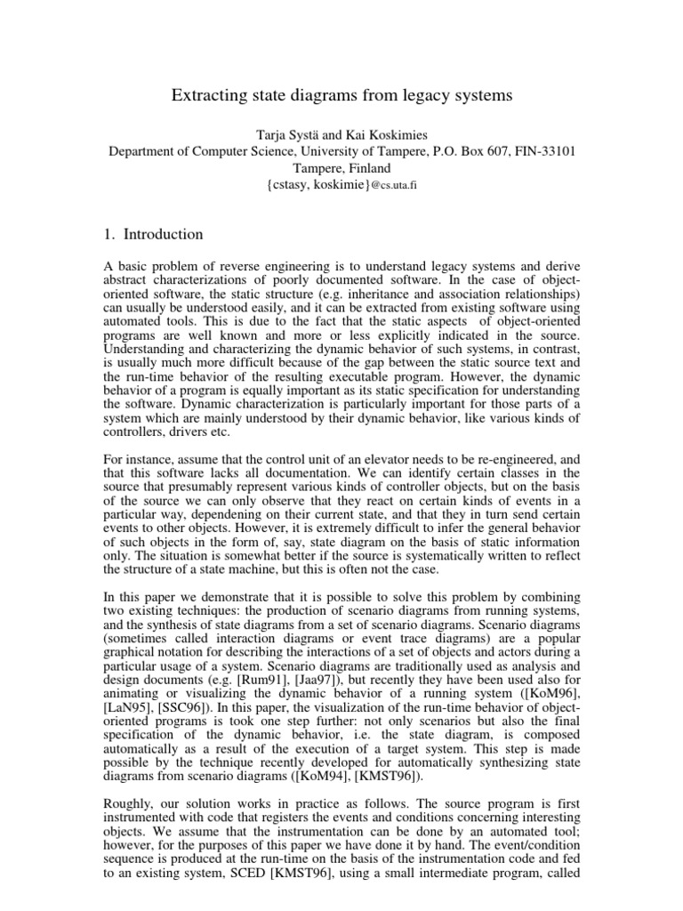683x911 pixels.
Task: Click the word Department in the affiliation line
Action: [x=144, y=150]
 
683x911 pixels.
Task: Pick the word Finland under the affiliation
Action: [x=367, y=167]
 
